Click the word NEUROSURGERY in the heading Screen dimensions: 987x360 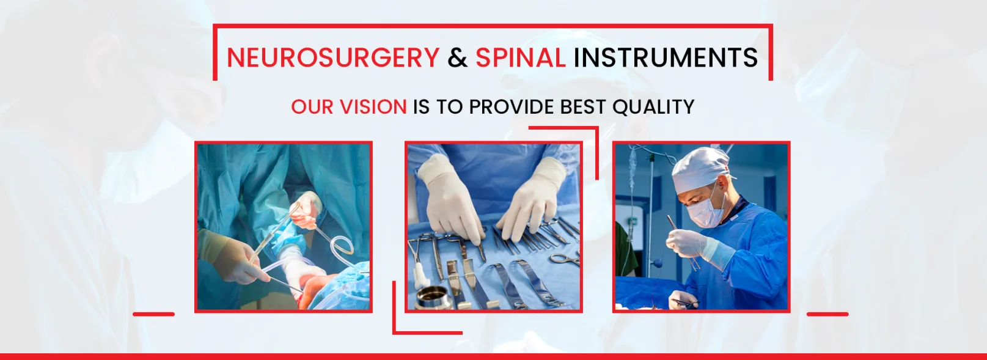coord(333,57)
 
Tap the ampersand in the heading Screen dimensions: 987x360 coord(457,57)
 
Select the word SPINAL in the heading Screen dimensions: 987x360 coord(520,57)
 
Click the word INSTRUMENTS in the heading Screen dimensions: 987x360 coord(666,57)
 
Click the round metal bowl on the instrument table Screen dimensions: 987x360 coord(433,297)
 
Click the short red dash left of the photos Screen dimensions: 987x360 coord(154,314)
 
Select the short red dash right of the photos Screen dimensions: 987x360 coord(827,314)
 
